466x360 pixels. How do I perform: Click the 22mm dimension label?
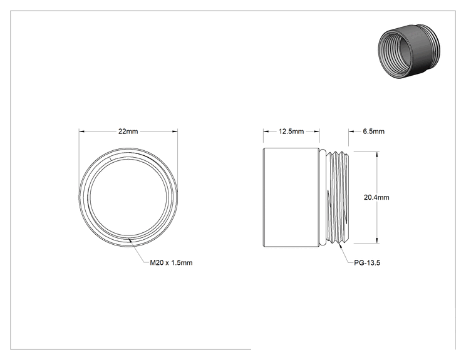[x=128, y=131]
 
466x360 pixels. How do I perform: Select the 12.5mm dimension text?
[x=291, y=131]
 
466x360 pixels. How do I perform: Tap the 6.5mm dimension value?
[x=373, y=131]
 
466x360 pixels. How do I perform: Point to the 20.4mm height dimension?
[x=376, y=197]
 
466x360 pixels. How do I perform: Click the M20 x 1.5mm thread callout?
[x=171, y=262]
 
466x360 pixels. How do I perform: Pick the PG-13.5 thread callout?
[x=367, y=262]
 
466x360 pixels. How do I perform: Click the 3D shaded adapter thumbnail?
[x=410, y=51]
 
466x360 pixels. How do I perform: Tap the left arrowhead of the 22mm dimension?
[x=81, y=131]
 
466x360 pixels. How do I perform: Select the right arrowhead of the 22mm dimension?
[x=175, y=131]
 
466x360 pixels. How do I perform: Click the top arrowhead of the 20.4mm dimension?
[x=377, y=154]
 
